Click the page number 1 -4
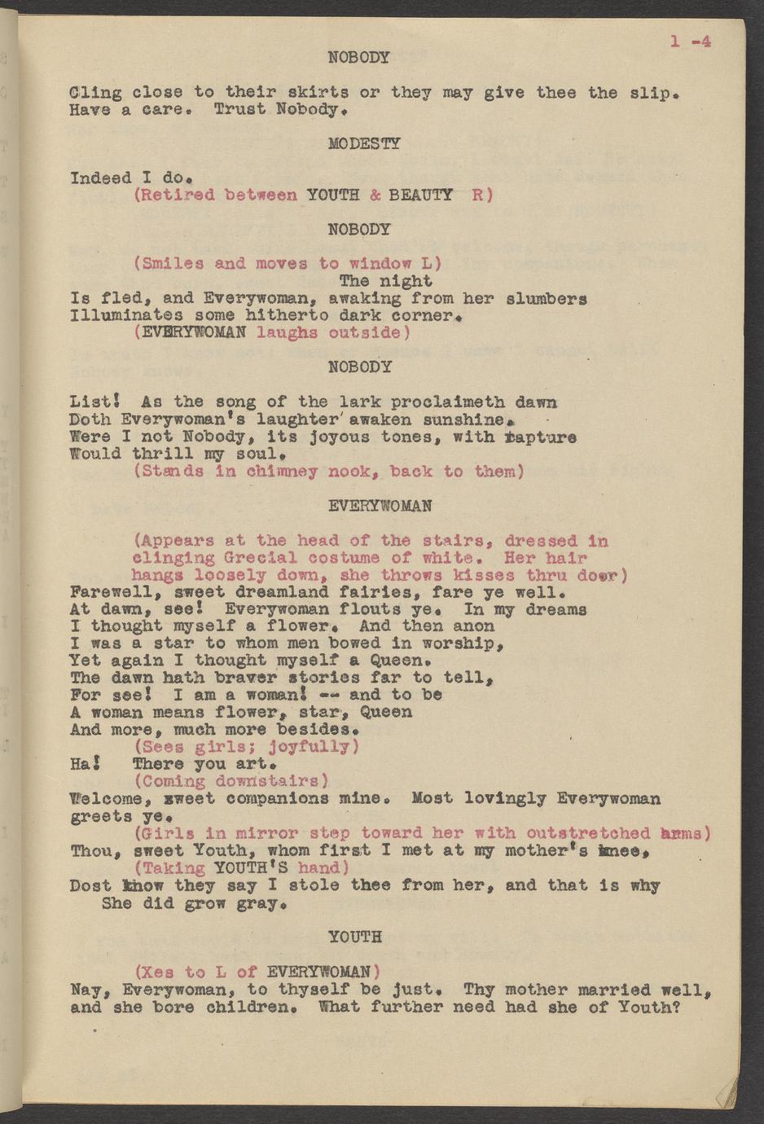691,42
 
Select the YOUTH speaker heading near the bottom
355,937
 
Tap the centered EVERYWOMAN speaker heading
369,506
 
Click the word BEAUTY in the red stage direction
420,195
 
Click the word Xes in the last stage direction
159,972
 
